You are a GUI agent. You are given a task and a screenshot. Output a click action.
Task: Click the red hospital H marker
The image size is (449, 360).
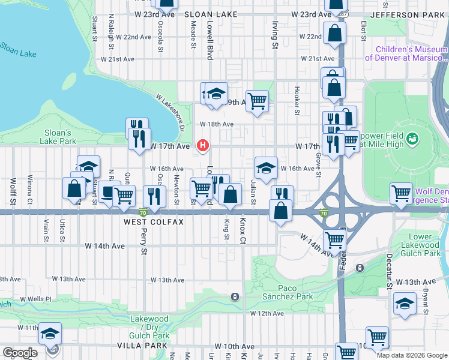coord(203,146)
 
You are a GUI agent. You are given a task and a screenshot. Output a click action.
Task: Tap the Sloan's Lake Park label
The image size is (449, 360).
coord(58,137)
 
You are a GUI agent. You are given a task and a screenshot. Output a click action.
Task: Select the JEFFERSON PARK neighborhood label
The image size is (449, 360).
coord(409,14)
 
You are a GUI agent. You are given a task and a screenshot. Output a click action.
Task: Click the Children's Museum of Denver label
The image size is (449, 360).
coord(412,54)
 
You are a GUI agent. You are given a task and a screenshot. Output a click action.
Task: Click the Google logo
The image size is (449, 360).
coord(19,353)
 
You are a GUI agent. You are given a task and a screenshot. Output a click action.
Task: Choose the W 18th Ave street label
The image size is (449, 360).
coord(216,124)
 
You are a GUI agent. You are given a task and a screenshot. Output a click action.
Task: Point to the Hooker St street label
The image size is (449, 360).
coord(297,100)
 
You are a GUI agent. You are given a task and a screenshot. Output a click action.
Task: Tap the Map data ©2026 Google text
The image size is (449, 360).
coord(411,355)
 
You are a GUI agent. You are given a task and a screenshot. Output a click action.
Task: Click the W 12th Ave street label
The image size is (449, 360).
coord(267,313)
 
